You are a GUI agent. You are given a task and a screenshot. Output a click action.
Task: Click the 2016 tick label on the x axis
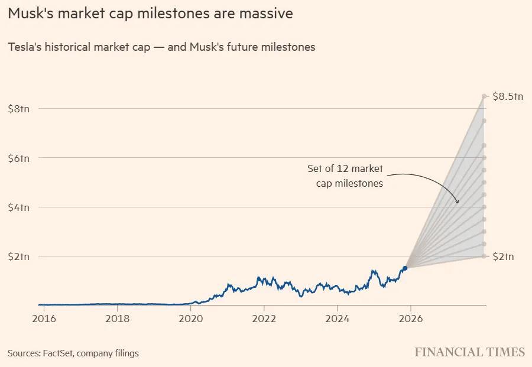[44, 318]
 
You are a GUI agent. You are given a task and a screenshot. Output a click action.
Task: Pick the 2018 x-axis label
[118, 318]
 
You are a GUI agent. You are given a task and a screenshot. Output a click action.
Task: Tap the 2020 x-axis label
[191, 318]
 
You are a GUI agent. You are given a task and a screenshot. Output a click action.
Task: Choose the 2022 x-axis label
[264, 318]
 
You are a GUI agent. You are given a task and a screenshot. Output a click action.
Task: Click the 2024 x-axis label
[337, 318]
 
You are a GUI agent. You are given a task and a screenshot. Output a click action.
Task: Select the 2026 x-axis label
[410, 318]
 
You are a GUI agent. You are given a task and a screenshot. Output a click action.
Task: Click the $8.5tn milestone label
[508, 96]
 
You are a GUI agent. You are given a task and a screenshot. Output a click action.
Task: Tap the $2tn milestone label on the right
[503, 256]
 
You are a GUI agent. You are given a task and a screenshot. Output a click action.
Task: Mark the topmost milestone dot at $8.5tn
[484, 96]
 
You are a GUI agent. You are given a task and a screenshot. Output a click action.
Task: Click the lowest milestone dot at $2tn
[484, 256]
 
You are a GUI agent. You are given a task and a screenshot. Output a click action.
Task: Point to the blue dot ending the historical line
[405, 268]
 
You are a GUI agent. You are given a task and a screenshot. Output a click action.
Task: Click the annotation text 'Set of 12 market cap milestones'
[345, 176]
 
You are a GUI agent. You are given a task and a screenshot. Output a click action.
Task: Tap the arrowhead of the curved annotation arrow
[458, 202]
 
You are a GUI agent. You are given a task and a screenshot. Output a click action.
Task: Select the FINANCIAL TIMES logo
[469, 352]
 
